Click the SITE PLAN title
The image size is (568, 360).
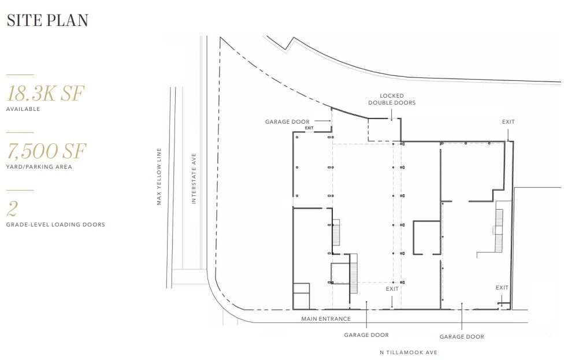point(47,20)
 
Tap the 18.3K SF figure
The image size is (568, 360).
point(46,94)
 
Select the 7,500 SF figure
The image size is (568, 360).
point(46,151)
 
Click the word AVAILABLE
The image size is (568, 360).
point(23,109)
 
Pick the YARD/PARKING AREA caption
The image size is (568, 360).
point(39,167)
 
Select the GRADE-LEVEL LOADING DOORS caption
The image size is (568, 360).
point(55,224)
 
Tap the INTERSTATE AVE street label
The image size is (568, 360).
point(194,178)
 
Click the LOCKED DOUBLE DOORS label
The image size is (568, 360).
point(392,99)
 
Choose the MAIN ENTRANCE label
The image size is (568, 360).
point(326,318)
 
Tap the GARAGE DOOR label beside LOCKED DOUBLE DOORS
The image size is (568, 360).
point(287,122)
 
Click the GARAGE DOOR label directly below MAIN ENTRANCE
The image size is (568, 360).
point(366,335)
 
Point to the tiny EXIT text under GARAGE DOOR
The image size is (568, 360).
point(309,128)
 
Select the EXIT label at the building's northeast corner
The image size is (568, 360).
point(508,122)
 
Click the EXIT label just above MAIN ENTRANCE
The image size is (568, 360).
point(392,288)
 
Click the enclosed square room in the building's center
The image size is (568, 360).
point(426,237)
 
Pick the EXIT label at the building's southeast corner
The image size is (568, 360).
point(502,287)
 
